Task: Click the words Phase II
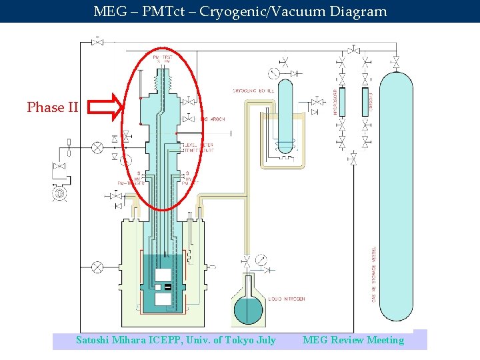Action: point(52,107)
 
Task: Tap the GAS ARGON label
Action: point(212,119)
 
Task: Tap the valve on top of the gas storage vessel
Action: point(396,63)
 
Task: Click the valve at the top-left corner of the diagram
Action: point(98,43)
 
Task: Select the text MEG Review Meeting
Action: point(353,340)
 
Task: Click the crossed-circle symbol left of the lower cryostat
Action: point(97,267)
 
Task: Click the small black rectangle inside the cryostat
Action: point(167,287)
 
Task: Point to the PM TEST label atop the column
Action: point(160,59)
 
